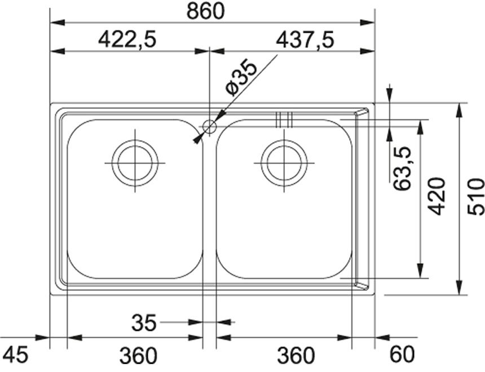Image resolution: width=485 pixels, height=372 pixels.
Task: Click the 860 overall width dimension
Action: (205, 11)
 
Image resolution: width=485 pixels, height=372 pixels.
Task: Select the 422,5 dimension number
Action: (127, 39)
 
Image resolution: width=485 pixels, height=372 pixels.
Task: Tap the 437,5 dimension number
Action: (305, 39)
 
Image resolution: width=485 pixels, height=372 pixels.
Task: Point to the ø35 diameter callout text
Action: (241, 78)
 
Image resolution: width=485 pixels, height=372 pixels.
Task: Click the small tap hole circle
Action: (209, 127)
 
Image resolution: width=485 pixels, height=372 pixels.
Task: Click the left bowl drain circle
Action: (135, 163)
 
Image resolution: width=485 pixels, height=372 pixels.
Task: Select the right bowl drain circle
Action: (284, 163)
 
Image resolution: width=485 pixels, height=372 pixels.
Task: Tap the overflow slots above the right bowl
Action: (284, 119)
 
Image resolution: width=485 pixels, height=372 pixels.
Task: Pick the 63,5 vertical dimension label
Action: (402, 168)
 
